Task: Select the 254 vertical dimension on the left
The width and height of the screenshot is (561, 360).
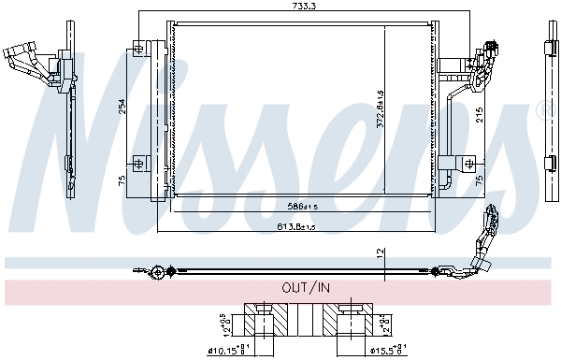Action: click(x=121, y=108)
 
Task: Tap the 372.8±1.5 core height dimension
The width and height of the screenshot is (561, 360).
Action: click(x=381, y=110)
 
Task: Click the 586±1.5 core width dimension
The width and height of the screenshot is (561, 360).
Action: click(x=302, y=206)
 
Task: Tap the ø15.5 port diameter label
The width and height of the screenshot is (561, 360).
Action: click(x=382, y=352)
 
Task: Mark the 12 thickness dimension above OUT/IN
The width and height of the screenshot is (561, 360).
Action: click(x=380, y=252)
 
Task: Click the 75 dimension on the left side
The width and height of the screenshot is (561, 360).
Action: click(x=121, y=180)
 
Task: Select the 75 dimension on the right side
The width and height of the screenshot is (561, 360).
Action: click(x=478, y=180)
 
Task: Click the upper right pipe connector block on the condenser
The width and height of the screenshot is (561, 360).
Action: click(x=479, y=58)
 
